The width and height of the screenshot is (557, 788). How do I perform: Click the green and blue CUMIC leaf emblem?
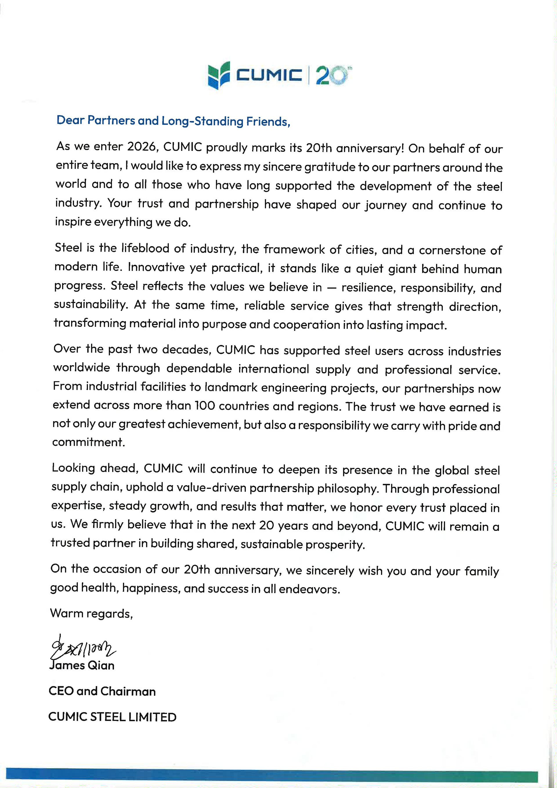pyautogui.click(x=219, y=75)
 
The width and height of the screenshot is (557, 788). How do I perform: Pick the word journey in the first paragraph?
pyautogui.click(x=386, y=205)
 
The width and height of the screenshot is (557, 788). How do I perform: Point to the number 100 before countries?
pyautogui.click(x=205, y=406)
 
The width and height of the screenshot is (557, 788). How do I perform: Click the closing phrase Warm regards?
pyautogui.click(x=91, y=613)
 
